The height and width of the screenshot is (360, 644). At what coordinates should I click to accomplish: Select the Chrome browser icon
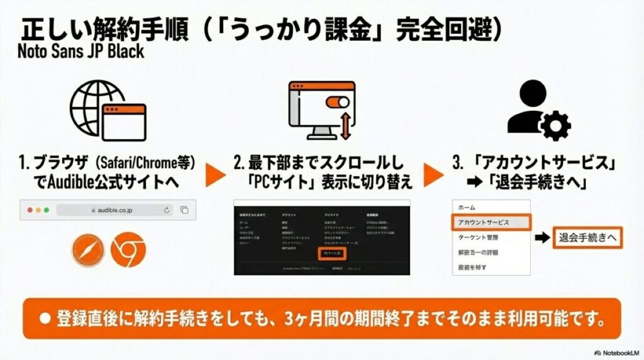click(128, 250)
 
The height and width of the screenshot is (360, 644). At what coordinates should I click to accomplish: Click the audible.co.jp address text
click(118, 210)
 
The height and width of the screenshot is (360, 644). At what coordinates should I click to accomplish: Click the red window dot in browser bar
click(30, 210)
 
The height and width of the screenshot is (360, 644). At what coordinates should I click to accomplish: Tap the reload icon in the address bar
click(167, 210)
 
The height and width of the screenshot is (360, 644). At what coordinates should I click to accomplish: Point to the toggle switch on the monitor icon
click(334, 100)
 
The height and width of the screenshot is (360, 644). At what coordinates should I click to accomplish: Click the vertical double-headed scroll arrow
click(345, 126)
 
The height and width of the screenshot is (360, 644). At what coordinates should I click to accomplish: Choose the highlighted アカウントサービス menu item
click(491, 222)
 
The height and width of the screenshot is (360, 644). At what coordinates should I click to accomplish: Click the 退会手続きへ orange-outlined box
click(587, 237)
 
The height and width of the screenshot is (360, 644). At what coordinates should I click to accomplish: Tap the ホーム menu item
click(467, 207)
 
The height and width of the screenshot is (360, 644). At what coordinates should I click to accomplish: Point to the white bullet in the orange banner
click(45, 318)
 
